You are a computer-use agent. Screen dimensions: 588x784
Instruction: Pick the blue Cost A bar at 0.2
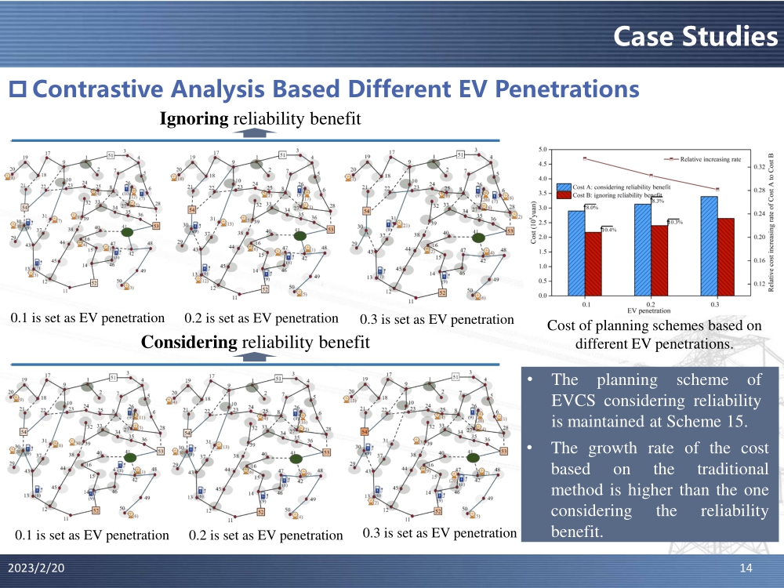643,249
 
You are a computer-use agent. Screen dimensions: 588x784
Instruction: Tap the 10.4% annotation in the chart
608,229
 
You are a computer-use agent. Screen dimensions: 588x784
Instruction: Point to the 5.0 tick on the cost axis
543,149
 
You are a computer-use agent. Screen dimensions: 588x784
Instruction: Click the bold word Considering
189,343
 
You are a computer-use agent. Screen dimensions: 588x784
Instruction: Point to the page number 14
746,567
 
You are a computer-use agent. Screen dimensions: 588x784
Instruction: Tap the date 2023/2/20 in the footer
34,567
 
